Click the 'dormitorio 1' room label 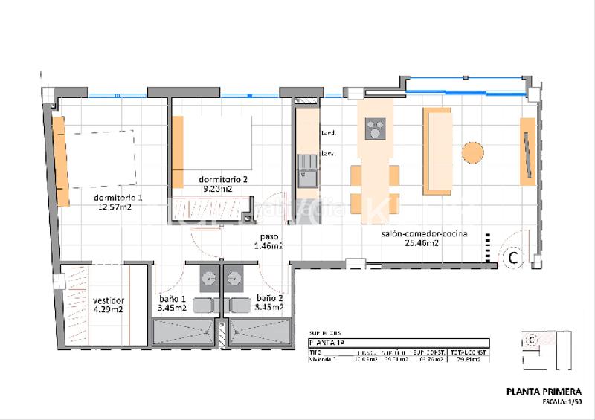pyautogui.click(x=118, y=197)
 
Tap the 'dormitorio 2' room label pyautogui.click(x=223, y=180)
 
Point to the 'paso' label pyautogui.click(x=268, y=236)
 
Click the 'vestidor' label pyautogui.click(x=108, y=300)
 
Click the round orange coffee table pyautogui.click(x=473, y=152)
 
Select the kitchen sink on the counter pyautogui.click(x=307, y=178)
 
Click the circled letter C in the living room pyautogui.click(x=512, y=257)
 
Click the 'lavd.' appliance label pyautogui.click(x=328, y=134)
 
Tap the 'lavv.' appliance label pyautogui.click(x=328, y=153)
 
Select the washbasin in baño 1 pyautogui.click(x=206, y=279)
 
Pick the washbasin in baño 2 pyautogui.click(x=237, y=279)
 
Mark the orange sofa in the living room pyautogui.click(x=437, y=150)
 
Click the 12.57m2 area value pyautogui.click(x=115, y=207)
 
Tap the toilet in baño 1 pyautogui.click(x=203, y=305)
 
